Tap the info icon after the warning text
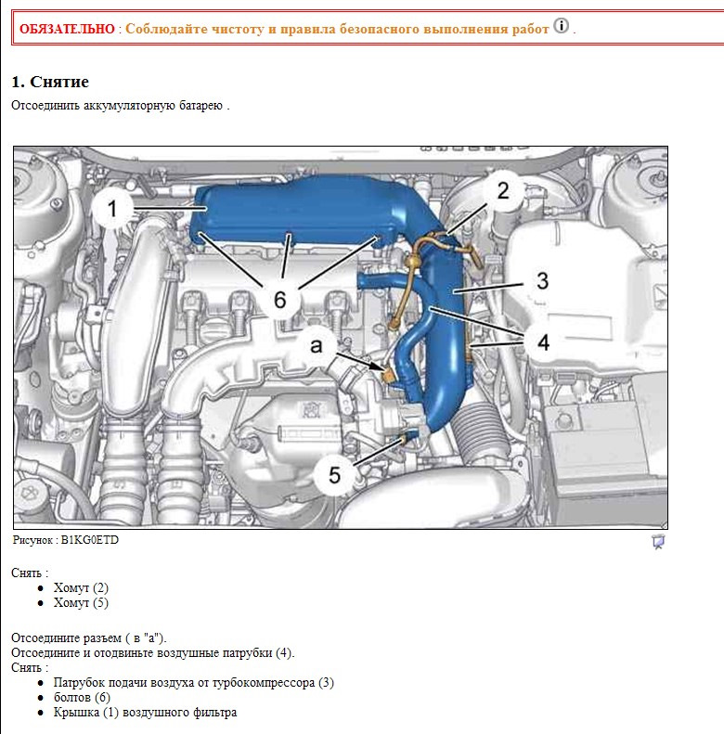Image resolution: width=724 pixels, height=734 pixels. [x=562, y=25]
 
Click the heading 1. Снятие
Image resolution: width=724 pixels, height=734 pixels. [x=50, y=82]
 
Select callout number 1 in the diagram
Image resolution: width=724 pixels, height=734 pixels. [x=112, y=211]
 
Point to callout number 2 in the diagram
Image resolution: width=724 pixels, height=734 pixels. [x=502, y=191]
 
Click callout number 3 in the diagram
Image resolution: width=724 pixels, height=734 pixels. [x=541, y=280]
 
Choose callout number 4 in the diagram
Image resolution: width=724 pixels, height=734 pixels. [x=541, y=341]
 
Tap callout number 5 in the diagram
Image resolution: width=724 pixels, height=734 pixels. [x=334, y=476]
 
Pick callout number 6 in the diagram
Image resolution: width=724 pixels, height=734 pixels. [x=279, y=299]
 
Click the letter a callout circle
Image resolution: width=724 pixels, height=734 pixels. [x=317, y=345]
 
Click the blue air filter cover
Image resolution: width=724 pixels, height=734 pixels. [x=297, y=213]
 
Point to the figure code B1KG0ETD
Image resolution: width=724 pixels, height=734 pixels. [x=89, y=540]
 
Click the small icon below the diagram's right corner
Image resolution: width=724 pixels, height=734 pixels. [x=658, y=542]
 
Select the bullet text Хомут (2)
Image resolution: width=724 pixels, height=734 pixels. [x=81, y=588]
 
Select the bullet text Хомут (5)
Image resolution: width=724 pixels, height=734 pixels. [x=81, y=603]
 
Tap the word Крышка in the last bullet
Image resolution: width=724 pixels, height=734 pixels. [x=77, y=713]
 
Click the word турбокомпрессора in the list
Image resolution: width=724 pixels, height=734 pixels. [x=265, y=682]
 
